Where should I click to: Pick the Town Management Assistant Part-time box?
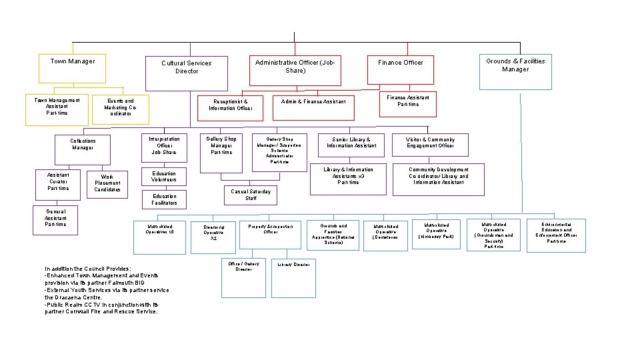(x=57, y=110)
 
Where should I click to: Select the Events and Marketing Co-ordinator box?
(x=120, y=108)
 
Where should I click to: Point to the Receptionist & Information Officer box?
(x=230, y=105)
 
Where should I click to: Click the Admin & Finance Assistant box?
(x=313, y=101)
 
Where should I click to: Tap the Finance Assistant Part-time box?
(x=408, y=103)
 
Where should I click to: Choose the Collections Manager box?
(x=83, y=146)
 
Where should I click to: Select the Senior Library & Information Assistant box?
(x=351, y=144)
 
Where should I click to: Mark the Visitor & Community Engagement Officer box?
(x=430, y=144)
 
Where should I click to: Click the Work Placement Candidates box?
(x=107, y=183)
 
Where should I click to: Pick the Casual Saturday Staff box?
(x=251, y=195)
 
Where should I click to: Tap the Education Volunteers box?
(x=164, y=177)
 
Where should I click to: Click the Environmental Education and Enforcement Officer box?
(x=556, y=235)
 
